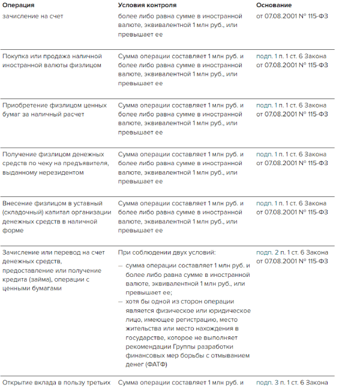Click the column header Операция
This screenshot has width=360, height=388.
(x=19, y=5)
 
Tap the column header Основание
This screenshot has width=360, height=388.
(x=274, y=5)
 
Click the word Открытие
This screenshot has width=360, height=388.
(x=19, y=382)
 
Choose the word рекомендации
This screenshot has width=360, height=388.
(x=143, y=346)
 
